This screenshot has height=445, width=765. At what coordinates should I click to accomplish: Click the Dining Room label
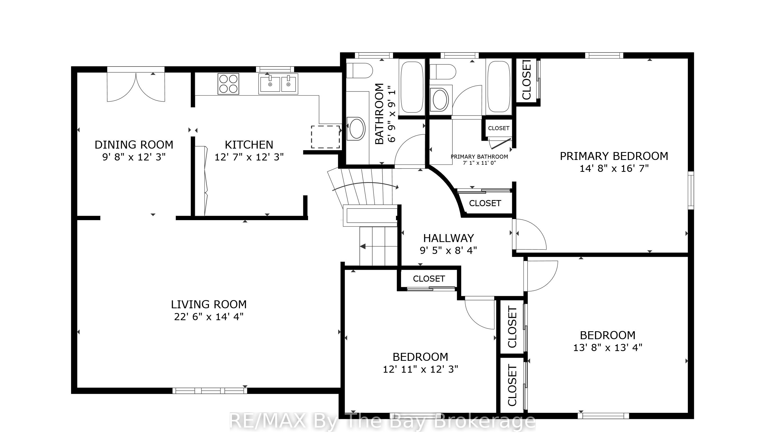134,145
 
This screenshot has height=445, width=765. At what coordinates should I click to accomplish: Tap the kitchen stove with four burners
228,84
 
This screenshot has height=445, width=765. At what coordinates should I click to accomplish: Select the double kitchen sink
278,84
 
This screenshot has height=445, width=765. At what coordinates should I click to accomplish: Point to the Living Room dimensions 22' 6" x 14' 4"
209,317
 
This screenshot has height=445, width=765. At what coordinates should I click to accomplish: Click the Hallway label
449,238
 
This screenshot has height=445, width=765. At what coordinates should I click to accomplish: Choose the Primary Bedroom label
614,156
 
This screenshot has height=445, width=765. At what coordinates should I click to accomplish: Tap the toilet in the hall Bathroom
360,71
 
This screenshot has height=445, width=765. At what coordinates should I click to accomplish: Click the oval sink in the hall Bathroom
357,129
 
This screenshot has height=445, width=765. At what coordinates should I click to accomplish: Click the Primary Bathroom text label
479,157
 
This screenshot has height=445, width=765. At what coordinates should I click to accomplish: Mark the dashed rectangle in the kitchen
325,137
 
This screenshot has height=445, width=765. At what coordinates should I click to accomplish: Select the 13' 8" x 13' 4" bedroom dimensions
608,348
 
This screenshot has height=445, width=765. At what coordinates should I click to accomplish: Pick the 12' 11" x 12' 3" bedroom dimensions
421,369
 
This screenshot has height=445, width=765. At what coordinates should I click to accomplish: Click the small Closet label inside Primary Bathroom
498,128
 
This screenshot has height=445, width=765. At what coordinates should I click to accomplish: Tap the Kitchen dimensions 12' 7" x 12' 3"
249,157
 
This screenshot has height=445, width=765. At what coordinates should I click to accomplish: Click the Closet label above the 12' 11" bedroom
429,279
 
